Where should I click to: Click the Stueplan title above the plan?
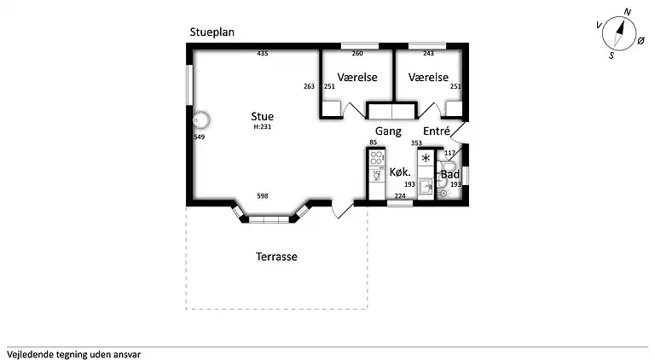pyautogui.click(x=212, y=32)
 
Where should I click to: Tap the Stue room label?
pyautogui.click(x=263, y=117)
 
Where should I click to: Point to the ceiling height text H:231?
pyautogui.click(x=263, y=127)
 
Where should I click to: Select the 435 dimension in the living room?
pyautogui.click(x=263, y=54)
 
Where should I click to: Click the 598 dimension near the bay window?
pyautogui.click(x=263, y=196)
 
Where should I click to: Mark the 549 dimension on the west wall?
pyautogui.click(x=200, y=137)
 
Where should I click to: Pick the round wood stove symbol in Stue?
pyautogui.click(x=201, y=120)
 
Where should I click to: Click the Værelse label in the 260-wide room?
pyautogui.click(x=357, y=78)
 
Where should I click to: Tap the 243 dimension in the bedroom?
pyautogui.click(x=428, y=54)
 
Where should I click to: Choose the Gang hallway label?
pyautogui.click(x=388, y=131)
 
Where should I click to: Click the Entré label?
pyautogui.click(x=436, y=131)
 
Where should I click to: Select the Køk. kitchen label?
pyautogui.click(x=400, y=172)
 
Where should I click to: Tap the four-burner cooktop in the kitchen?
pyautogui.click(x=376, y=158)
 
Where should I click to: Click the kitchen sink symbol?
pyautogui.click(x=426, y=186)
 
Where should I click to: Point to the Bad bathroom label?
pyautogui.click(x=450, y=174)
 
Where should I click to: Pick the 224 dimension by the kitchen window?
pyautogui.click(x=400, y=196)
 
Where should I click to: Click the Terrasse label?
pyautogui.click(x=276, y=257)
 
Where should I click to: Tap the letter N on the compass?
pyautogui.click(x=627, y=12)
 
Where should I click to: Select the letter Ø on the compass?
pyautogui.click(x=641, y=40)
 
